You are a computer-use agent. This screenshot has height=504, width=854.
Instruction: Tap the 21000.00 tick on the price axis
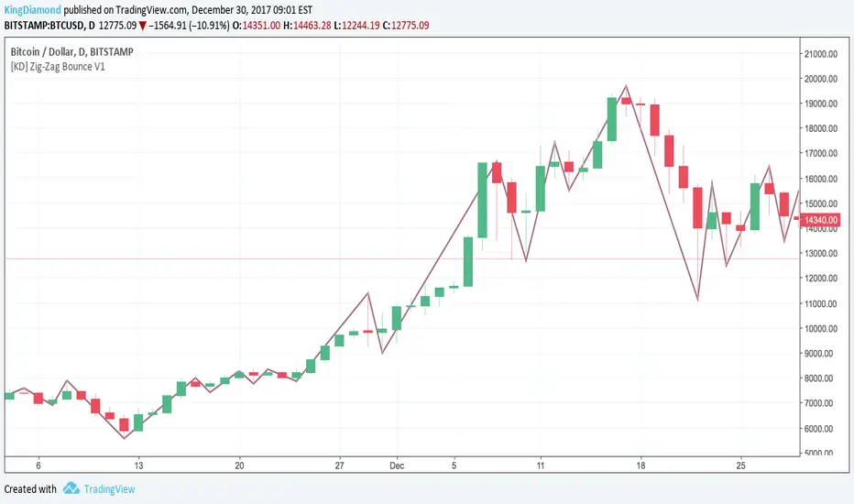coord(823,53)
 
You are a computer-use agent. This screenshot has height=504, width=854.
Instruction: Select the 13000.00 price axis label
coord(823,253)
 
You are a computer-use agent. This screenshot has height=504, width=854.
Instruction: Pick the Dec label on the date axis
coord(397,465)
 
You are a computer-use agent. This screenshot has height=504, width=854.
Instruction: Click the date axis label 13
coord(138,465)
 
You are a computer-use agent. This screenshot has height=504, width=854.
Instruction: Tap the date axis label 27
coord(339,465)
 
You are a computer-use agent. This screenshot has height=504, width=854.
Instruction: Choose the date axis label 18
coord(641,465)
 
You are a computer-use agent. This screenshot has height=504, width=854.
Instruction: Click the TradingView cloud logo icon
coord(71,488)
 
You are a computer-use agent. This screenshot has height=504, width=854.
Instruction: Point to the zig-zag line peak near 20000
coord(626,86)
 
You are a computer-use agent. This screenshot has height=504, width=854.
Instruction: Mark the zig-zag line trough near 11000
coord(698,300)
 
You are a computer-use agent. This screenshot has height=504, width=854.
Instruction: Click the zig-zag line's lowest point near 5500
coord(124,438)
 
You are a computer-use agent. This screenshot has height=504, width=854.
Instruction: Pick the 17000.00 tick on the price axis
coord(823,153)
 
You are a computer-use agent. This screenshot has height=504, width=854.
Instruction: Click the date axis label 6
coord(38,465)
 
